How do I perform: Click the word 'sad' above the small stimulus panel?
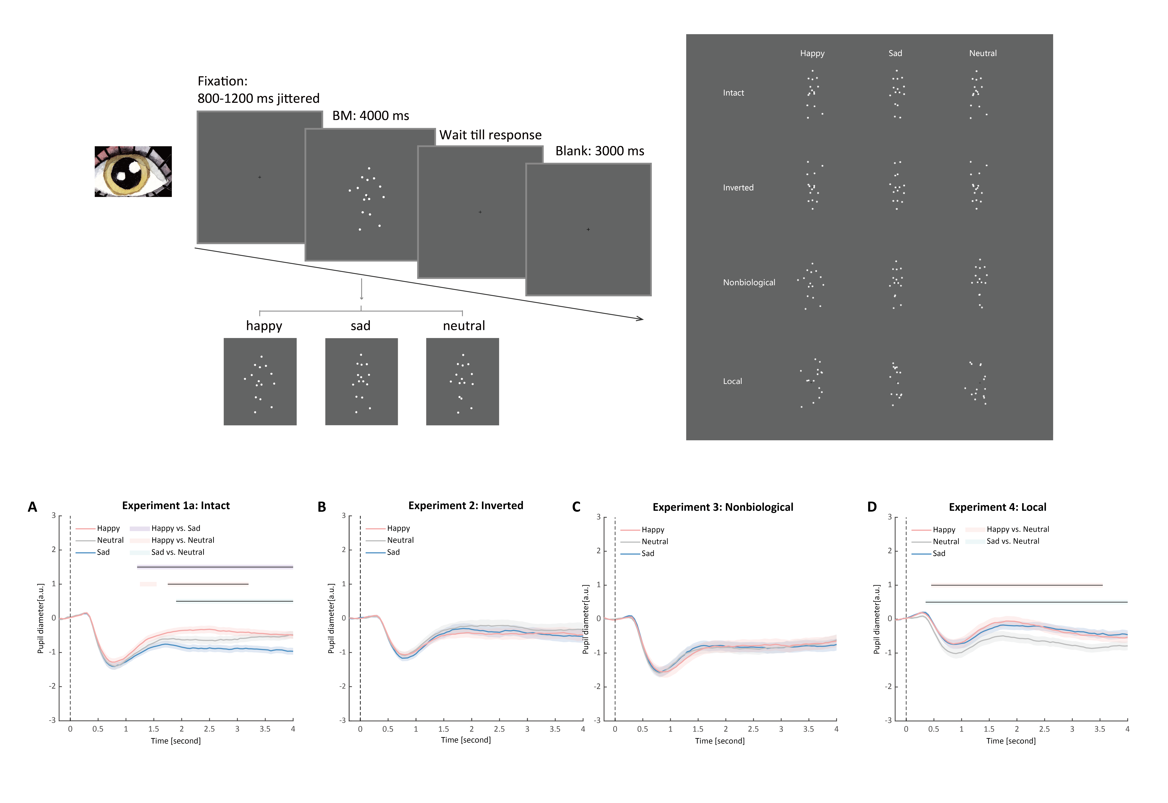click(x=360, y=326)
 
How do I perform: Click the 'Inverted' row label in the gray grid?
click(x=738, y=188)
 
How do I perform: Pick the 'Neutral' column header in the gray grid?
click(x=982, y=53)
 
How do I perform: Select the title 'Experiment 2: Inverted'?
click(x=466, y=506)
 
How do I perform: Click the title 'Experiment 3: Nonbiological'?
click(x=723, y=507)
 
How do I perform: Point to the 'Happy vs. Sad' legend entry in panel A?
click(x=176, y=528)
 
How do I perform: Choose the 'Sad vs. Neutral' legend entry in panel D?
click(x=1013, y=541)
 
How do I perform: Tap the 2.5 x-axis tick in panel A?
click(x=209, y=729)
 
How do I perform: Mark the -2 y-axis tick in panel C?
click(x=597, y=687)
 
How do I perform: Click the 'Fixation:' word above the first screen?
click(x=222, y=81)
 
